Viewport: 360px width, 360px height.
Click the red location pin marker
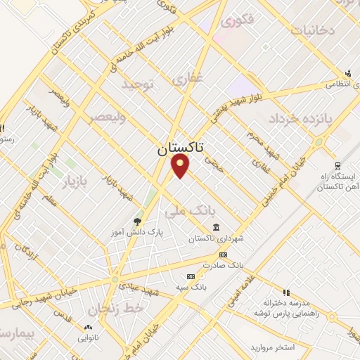point(181,166)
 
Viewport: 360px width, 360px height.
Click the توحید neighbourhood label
point(137,84)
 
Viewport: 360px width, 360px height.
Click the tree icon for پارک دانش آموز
point(136,221)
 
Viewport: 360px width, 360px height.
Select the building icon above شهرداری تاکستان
point(215,228)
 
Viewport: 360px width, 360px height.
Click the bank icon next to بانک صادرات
point(223,255)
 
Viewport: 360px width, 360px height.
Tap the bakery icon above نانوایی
point(88,328)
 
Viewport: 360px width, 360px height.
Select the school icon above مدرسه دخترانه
point(285,292)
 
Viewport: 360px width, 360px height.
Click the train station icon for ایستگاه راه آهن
point(338,166)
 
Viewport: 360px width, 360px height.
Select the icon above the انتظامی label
point(348,72)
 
